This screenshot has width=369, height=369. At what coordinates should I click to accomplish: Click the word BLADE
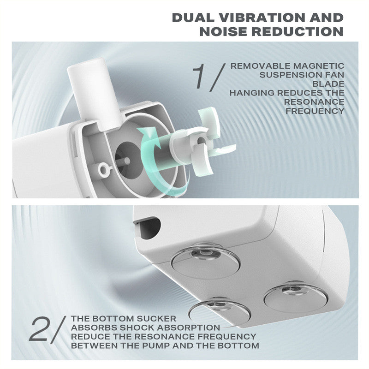pyautogui.click(x=328, y=84)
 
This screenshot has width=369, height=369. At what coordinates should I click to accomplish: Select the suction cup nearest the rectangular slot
pyautogui.click(x=205, y=260)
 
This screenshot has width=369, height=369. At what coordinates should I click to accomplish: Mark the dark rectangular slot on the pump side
pyautogui.click(x=148, y=227)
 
